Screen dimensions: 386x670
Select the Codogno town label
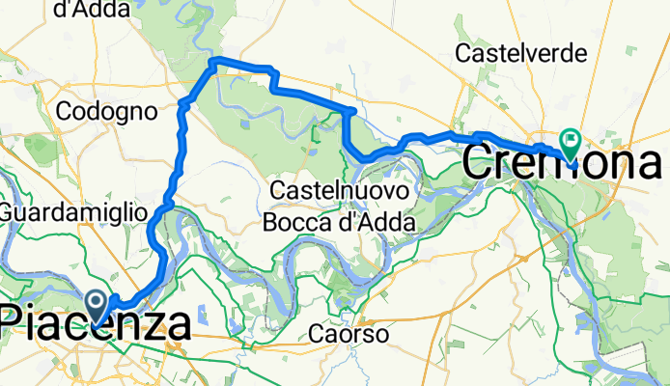[106, 112]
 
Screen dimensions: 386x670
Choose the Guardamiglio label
[73, 210]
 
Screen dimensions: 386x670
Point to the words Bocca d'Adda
[339, 223]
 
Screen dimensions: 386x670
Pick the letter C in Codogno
[65, 112]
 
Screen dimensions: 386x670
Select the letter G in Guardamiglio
[9, 210]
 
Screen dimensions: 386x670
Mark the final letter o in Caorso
[382, 336]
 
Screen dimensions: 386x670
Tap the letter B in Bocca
[270, 223]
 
